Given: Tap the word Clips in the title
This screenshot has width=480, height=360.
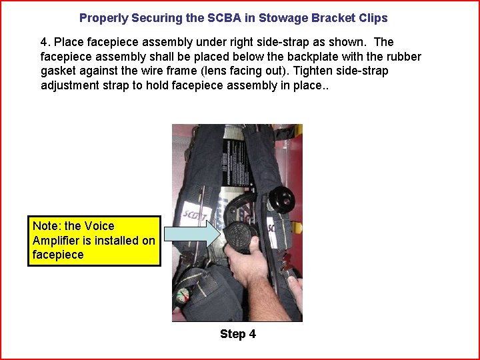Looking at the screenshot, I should click(x=373, y=18).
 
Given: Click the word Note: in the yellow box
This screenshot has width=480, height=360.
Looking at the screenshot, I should click(x=47, y=226).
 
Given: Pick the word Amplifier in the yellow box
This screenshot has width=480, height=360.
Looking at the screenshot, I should click(x=59, y=240).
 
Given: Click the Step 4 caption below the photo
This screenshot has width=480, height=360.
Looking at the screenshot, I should click(x=237, y=334).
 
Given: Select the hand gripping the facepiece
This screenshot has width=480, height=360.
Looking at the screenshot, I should click(x=244, y=267).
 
